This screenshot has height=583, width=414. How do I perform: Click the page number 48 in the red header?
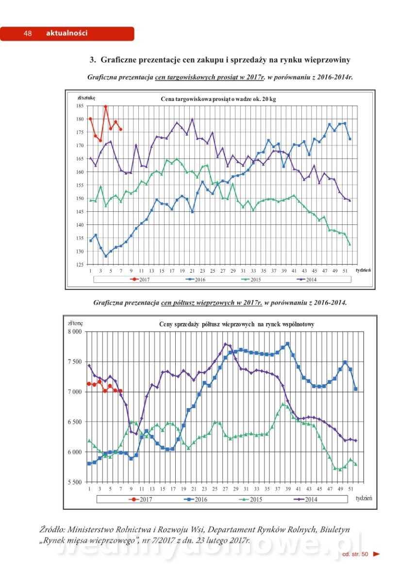tap(27, 34)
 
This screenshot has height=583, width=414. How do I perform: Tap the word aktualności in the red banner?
tap(66, 34)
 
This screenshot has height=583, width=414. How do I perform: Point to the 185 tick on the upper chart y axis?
tap(80, 105)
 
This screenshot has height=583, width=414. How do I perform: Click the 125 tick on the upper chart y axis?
tap(80, 265)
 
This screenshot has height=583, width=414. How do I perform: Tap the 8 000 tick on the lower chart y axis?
tap(76, 332)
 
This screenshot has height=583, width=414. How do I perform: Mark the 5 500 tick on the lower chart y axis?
tap(76, 482)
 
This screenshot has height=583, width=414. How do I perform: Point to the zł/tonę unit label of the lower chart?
tap(75, 323)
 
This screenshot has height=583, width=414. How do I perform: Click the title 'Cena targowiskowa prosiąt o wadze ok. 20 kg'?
tap(218, 99)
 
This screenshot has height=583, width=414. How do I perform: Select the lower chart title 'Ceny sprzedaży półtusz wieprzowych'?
tap(236, 324)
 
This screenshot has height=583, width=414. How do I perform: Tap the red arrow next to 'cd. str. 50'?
tap(376, 554)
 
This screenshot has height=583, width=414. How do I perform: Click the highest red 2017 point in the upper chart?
tap(105, 106)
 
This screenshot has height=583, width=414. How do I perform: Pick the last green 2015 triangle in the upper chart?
tap(349, 244)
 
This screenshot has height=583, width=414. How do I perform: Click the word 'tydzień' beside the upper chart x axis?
tap(364, 270)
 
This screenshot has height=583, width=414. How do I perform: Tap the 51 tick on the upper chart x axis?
tap(345, 270)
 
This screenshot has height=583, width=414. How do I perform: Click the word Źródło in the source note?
tap(52, 530)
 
